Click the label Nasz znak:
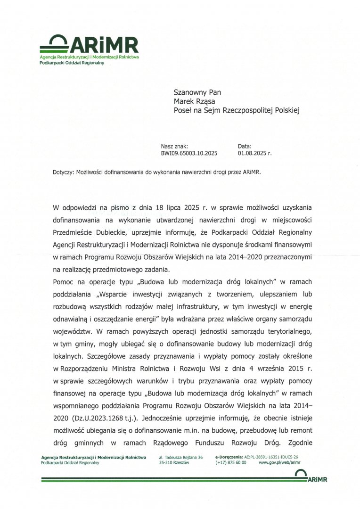174,147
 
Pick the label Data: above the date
245,147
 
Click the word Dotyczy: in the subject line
63,172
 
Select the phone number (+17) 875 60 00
231,463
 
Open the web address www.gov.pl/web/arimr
279,463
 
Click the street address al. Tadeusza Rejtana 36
181,457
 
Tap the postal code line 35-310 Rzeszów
174,463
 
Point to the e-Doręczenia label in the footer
229,457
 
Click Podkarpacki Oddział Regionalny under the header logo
72,63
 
